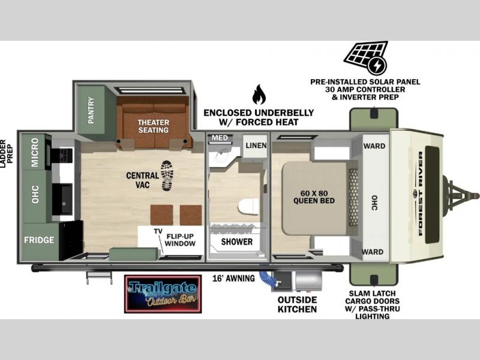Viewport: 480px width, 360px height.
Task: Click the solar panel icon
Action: click(x=366, y=58)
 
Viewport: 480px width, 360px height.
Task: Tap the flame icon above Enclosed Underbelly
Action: click(x=259, y=94)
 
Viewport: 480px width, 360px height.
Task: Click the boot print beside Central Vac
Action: click(x=167, y=176)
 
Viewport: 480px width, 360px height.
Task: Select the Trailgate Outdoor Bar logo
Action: click(x=163, y=294)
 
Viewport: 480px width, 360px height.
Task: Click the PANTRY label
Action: click(x=91, y=110)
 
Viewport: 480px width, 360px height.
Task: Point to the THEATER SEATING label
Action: click(x=154, y=126)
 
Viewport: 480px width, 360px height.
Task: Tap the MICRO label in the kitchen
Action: click(x=35, y=152)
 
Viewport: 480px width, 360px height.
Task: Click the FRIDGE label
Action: click(x=39, y=239)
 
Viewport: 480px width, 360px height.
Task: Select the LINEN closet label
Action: click(x=256, y=146)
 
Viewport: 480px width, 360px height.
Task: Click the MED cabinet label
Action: click(x=220, y=138)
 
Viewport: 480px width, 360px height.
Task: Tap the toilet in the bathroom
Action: click(x=248, y=206)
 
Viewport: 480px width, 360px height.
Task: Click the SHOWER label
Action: click(x=237, y=242)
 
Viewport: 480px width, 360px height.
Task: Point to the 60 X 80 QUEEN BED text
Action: click(x=314, y=197)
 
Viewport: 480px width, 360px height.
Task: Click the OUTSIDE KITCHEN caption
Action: click(x=297, y=305)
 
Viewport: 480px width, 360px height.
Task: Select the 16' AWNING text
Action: click(x=233, y=278)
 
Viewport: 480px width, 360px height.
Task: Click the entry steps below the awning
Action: click(x=100, y=277)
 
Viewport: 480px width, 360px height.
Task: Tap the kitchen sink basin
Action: click(x=62, y=199)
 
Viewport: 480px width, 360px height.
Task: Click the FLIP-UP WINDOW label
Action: click(x=180, y=240)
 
